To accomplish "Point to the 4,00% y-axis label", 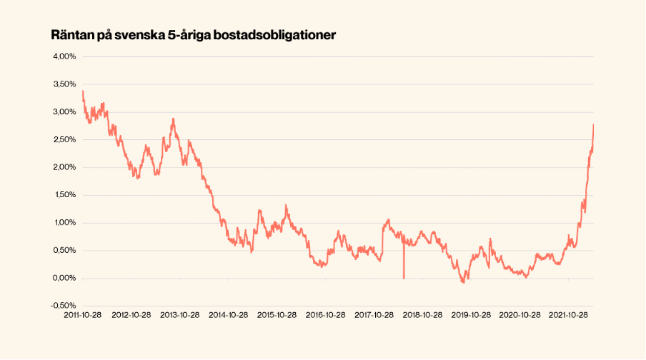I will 64,56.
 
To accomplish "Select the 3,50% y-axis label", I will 64,84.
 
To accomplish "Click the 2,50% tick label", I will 64,139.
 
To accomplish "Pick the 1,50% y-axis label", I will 64,195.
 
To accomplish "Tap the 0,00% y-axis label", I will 64,278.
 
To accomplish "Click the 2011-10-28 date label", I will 83,315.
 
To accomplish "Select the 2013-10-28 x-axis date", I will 179,315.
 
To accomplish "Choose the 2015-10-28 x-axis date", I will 276,315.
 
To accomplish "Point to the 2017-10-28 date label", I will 374,315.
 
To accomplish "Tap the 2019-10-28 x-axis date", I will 470,315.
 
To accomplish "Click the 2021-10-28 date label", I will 567,315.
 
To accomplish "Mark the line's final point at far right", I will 594,125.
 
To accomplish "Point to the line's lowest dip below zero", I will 463,283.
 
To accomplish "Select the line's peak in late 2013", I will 173,119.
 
